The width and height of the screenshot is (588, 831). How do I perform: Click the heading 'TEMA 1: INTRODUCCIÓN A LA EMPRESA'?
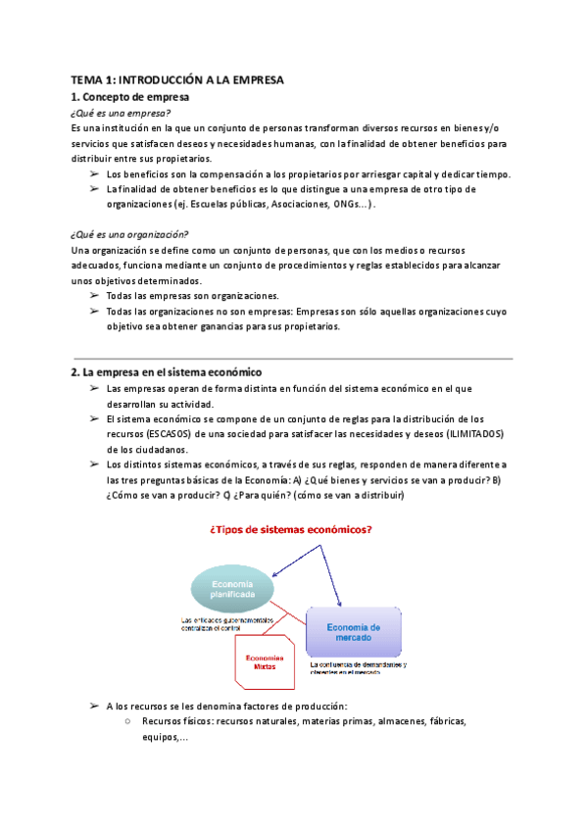(176, 80)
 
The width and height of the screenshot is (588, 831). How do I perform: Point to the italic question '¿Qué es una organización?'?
(130, 234)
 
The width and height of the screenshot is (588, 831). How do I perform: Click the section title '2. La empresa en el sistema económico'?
(166, 372)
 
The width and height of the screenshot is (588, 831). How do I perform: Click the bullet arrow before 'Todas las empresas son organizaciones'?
(93, 296)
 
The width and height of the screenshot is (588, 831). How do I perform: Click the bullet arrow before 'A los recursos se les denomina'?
(93, 706)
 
